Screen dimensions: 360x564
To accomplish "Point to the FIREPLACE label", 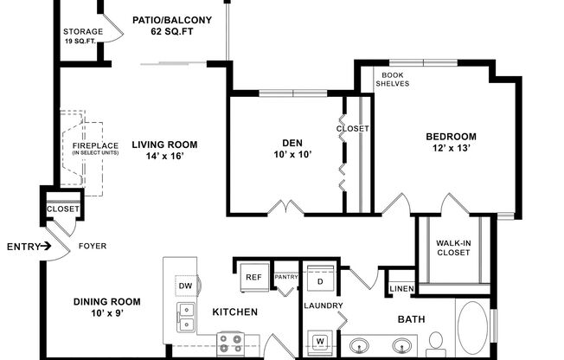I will [x=95, y=149].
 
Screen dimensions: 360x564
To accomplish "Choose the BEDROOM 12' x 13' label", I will [x=451, y=143].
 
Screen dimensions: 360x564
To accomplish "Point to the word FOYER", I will [x=93, y=246].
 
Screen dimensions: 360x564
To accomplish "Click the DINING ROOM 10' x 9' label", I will [x=106, y=307].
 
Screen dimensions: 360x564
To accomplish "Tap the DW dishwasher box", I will [x=184, y=285].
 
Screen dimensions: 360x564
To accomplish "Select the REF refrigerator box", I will [x=253, y=277].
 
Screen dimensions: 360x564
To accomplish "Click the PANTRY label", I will [x=285, y=277].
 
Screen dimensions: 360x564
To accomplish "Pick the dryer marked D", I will [x=319, y=281].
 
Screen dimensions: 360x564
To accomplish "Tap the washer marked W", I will [x=320, y=342].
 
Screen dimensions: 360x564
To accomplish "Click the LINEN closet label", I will [x=401, y=289].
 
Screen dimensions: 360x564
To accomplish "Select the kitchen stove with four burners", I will [x=233, y=342].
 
